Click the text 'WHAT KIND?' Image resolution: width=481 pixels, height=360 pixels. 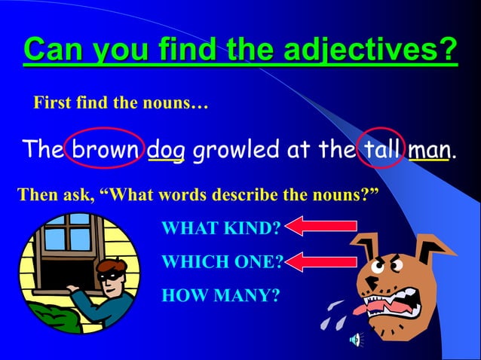click(x=221, y=228)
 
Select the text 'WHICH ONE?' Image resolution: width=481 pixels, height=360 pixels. click(x=222, y=262)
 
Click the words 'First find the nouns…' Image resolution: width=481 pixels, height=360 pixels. click(x=120, y=102)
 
